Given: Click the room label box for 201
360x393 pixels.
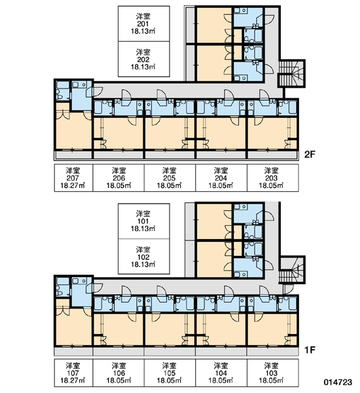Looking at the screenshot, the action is (x=144, y=24).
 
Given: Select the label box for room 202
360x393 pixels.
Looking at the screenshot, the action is (x=144, y=59).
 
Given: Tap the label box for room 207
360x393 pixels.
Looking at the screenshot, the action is (x=73, y=178).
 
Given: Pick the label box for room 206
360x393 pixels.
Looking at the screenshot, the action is (x=118, y=178).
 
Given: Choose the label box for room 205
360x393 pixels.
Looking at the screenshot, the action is (x=170, y=178).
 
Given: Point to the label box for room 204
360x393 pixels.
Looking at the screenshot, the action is (x=221, y=178).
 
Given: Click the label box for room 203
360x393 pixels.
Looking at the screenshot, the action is (x=273, y=178).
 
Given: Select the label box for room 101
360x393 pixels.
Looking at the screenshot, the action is (x=144, y=221).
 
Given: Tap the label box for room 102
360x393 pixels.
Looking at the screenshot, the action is (x=144, y=256).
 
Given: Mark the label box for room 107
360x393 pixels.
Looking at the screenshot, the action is (x=73, y=373).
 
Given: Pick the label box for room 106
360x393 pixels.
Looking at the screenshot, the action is (x=118, y=373).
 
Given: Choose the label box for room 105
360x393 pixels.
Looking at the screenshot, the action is (x=170, y=373).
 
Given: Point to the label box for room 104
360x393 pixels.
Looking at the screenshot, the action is (x=221, y=373).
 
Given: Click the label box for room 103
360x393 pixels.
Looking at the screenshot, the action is (x=273, y=373).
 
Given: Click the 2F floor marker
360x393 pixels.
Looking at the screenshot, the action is (x=310, y=155).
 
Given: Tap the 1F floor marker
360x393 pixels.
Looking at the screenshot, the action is (x=310, y=350).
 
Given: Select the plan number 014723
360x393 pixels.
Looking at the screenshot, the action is (x=338, y=383).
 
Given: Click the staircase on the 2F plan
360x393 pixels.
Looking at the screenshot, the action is (x=291, y=73).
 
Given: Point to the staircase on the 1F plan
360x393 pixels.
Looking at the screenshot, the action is (x=291, y=270).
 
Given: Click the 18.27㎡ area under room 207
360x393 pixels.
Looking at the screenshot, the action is (x=73, y=186).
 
